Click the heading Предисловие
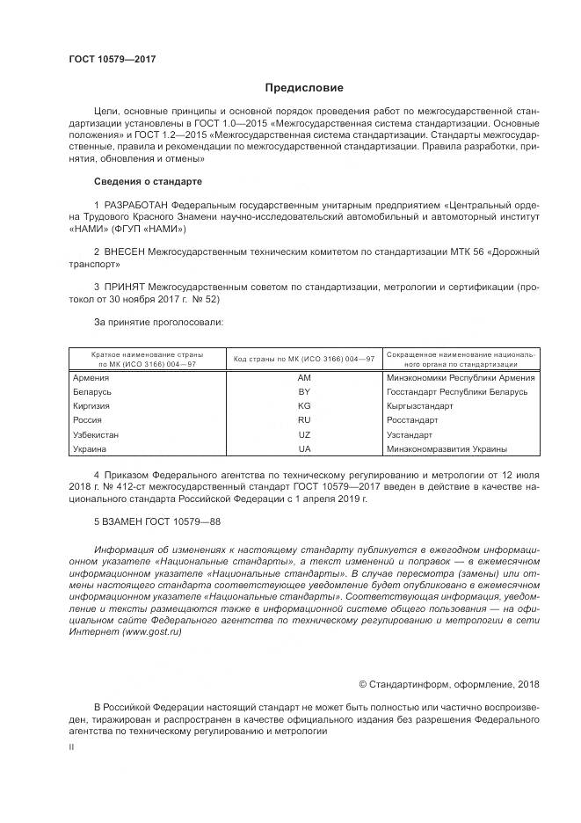click(305, 88)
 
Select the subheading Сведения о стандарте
click(148, 181)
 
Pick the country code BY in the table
click(304, 392)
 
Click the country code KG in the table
click(304, 406)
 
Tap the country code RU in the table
click(304, 420)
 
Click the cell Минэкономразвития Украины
click(447, 449)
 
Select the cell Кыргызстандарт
click(419, 406)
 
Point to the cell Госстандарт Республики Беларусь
click(456, 392)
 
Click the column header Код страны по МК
click(304, 359)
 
